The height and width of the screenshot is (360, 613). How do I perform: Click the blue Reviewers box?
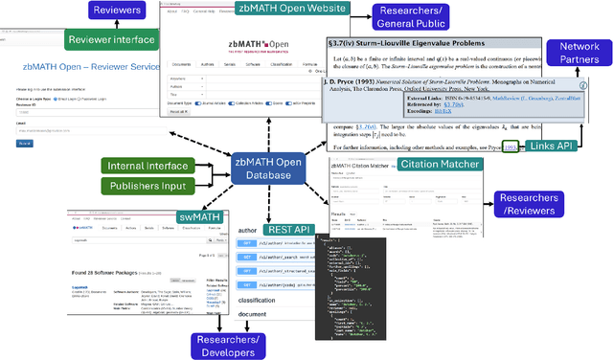tap(118, 11)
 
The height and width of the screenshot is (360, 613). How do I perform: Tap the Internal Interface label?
tap(152, 167)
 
